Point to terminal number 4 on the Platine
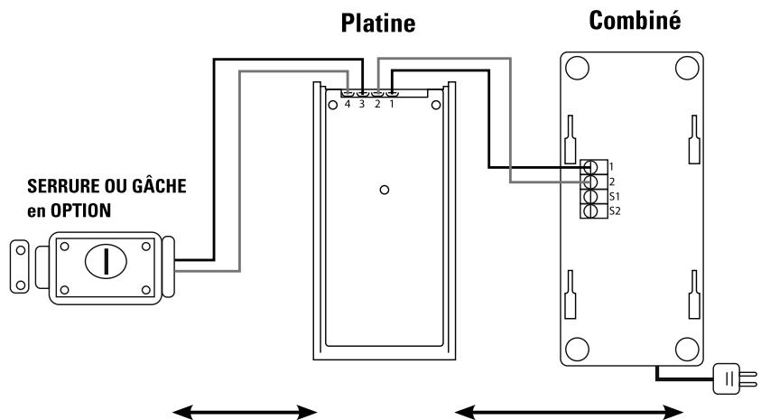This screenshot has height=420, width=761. [x=348, y=104]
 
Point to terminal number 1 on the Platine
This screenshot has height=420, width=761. [x=392, y=104]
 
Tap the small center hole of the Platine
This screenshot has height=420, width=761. [x=385, y=191]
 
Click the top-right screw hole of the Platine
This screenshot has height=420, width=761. [x=436, y=107]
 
